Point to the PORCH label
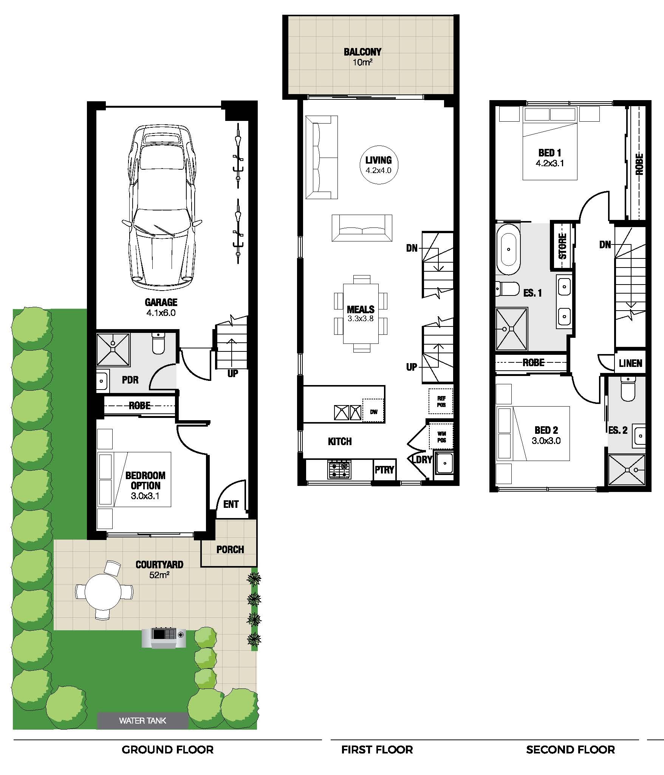(230, 549)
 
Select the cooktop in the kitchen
(339, 470)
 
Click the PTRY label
(384, 470)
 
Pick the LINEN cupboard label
(630, 364)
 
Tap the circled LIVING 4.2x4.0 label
(378, 165)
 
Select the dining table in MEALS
(361, 314)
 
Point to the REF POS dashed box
(441, 401)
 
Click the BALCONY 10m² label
(362, 57)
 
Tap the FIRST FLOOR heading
(377, 750)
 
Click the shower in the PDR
(113, 350)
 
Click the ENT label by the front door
(231, 504)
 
